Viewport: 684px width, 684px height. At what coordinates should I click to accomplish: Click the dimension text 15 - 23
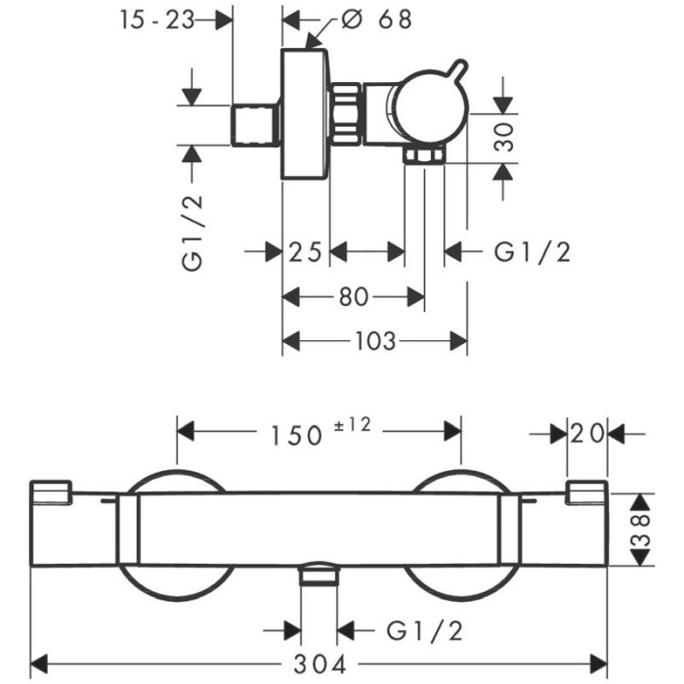pyautogui.click(x=157, y=21)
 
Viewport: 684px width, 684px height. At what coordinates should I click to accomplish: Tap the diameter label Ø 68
pyautogui.click(x=376, y=20)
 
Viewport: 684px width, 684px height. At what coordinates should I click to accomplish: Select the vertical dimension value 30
pyautogui.click(x=504, y=137)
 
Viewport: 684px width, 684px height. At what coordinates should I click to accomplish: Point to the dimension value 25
pyautogui.click(x=305, y=252)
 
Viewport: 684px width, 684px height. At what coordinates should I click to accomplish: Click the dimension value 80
pyautogui.click(x=354, y=297)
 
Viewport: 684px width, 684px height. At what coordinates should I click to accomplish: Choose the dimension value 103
pyautogui.click(x=375, y=341)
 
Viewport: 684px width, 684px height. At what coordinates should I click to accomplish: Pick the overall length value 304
pyautogui.click(x=320, y=664)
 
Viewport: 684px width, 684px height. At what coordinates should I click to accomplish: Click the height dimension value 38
pyautogui.click(x=641, y=530)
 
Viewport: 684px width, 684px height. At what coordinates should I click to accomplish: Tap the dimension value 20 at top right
pyautogui.click(x=587, y=434)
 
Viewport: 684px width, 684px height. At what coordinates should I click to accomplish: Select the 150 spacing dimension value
pyautogui.click(x=296, y=436)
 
